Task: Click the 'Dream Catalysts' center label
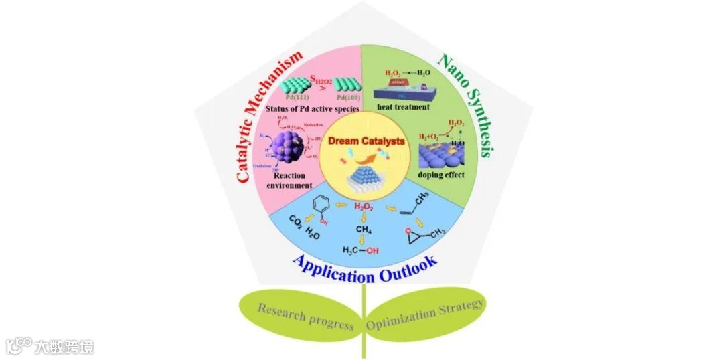362,141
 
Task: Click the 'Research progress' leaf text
305,316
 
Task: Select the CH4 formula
362,230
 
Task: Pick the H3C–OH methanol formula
360,250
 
